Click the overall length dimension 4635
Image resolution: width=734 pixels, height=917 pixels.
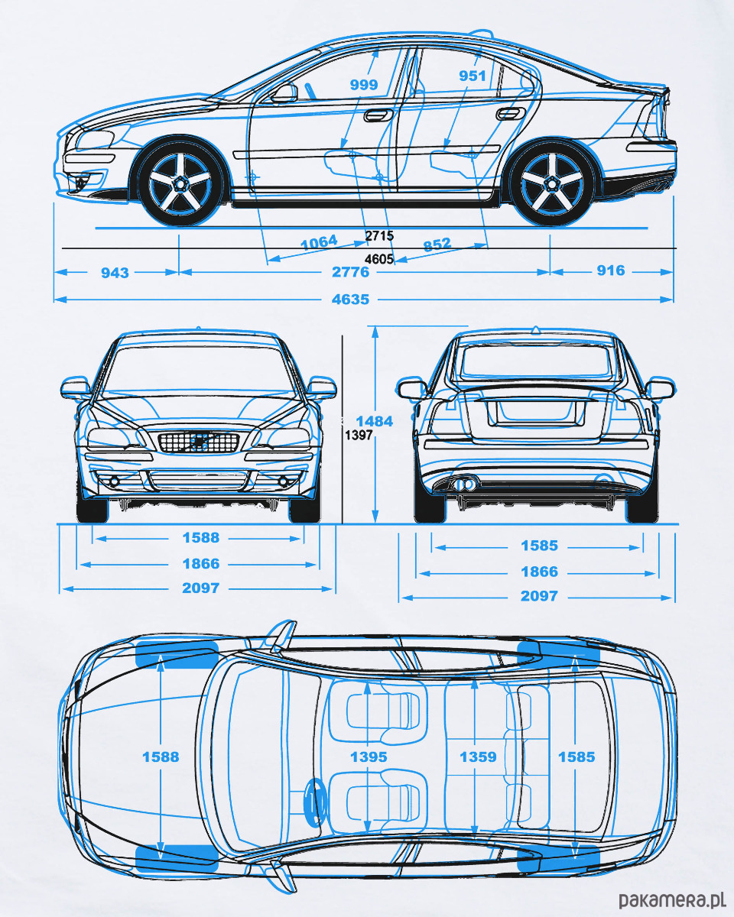coord(350,300)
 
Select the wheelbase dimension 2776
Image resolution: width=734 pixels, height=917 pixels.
coord(350,272)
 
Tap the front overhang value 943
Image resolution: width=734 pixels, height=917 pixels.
coord(115,272)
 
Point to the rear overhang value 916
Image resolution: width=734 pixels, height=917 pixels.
coord(610,271)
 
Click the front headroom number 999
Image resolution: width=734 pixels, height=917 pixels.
coord(364,85)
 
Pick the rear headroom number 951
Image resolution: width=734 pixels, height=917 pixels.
coord(472,76)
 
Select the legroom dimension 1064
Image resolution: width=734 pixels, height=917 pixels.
coord(319,243)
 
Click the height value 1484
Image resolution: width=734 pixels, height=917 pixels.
coord(374,421)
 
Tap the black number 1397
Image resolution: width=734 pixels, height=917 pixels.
coord(359,436)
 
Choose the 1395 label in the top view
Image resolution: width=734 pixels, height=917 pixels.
coord(369,757)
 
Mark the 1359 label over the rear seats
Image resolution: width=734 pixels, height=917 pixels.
coord(478,757)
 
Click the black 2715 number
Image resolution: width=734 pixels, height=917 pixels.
coord(379,235)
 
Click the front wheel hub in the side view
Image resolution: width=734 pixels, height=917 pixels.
coord(180,183)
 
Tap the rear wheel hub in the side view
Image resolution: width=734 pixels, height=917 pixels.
coord(550,183)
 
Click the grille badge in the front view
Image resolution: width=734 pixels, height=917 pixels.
coord(199,441)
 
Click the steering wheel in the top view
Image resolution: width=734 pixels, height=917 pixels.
coord(313,800)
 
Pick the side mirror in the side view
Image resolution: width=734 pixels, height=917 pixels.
coord(284,94)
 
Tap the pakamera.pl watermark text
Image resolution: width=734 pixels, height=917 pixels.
coord(671,899)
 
